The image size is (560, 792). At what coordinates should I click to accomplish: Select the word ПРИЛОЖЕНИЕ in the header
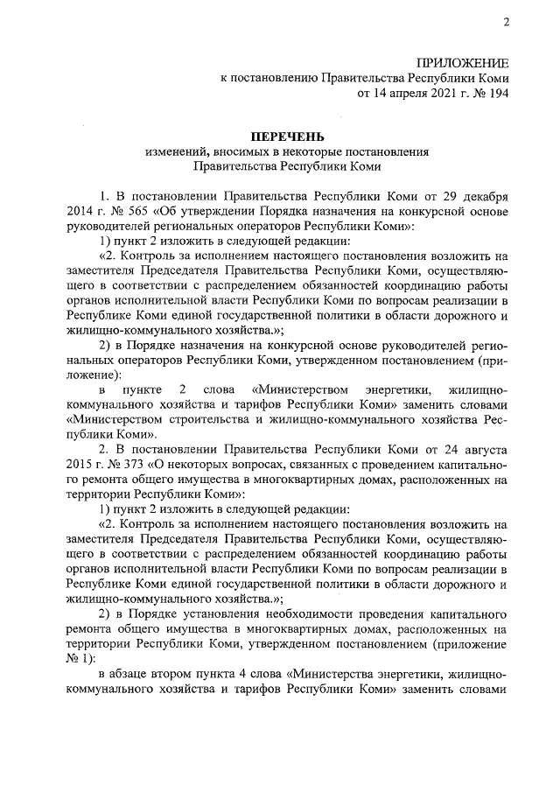tap(463, 63)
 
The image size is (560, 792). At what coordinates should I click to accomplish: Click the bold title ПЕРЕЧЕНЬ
tap(287, 137)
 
